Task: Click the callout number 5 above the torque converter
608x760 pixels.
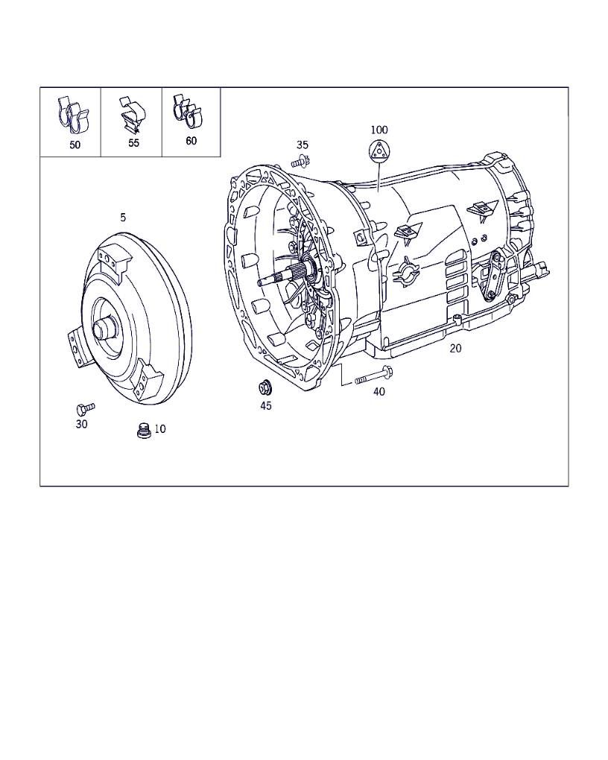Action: (123, 218)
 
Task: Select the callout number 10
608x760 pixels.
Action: (160, 429)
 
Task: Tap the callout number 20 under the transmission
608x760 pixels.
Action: (455, 348)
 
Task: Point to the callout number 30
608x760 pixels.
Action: (81, 424)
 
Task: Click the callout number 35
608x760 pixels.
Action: (302, 145)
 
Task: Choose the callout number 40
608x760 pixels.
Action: (379, 392)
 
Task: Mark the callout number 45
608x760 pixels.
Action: (265, 406)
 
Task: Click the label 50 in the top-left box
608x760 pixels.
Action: (75, 145)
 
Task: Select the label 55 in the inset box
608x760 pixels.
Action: (133, 143)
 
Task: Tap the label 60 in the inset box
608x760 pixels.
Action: (191, 141)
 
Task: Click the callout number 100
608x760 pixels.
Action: (379, 130)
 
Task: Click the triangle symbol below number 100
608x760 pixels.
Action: (379, 151)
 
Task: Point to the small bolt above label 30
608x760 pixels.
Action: (84, 408)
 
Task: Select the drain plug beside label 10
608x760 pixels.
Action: (143, 431)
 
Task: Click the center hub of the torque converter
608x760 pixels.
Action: (104, 327)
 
